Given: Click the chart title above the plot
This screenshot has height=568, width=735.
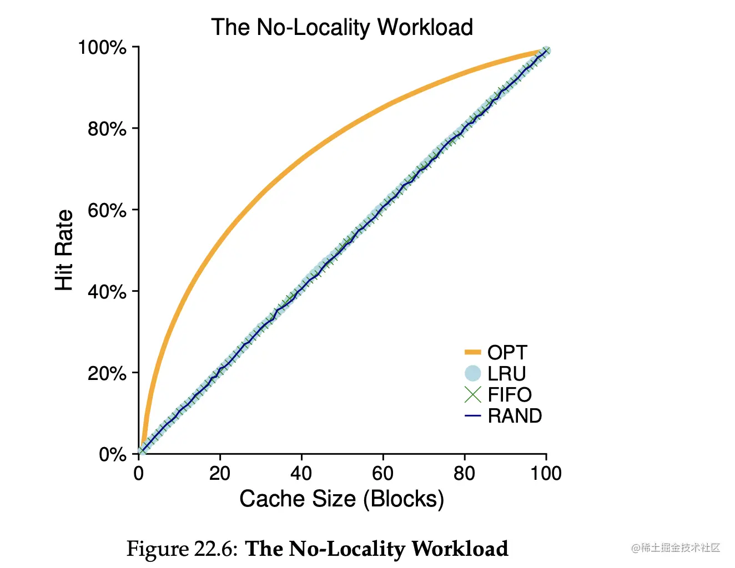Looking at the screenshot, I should click(x=342, y=27).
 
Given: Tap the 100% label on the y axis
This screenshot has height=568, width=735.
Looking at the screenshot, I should click(x=103, y=48).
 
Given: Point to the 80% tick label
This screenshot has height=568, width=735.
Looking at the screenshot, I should click(x=107, y=129).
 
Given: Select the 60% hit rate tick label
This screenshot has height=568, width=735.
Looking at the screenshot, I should click(x=107, y=211).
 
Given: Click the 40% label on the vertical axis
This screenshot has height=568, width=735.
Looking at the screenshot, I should click(x=107, y=292).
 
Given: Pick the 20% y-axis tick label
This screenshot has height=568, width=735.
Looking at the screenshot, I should click(x=107, y=373).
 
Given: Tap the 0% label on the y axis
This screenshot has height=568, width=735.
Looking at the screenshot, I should click(x=113, y=455).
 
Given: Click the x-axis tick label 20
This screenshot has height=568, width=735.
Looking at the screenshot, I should click(x=220, y=474).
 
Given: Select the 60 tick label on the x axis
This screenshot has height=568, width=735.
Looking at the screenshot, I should click(x=382, y=474).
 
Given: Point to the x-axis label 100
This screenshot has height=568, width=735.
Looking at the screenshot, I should click(x=546, y=474).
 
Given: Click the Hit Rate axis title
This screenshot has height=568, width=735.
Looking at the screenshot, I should click(x=64, y=250).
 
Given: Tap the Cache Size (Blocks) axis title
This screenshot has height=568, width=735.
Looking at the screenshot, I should click(x=341, y=499).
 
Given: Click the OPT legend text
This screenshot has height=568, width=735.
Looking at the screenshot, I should click(x=507, y=353).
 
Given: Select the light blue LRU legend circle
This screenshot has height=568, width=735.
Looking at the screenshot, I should click(x=472, y=374).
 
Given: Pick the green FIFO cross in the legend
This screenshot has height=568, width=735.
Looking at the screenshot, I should click(x=472, y=394).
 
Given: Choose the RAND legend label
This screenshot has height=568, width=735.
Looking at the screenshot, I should click(x=515, y=416).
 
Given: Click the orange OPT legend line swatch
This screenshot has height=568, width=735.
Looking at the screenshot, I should click(x=472, y=352).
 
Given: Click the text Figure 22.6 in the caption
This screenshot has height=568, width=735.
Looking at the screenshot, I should click(x=182, y=549).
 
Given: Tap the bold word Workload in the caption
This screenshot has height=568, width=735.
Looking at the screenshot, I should click(x=460, y=549).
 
